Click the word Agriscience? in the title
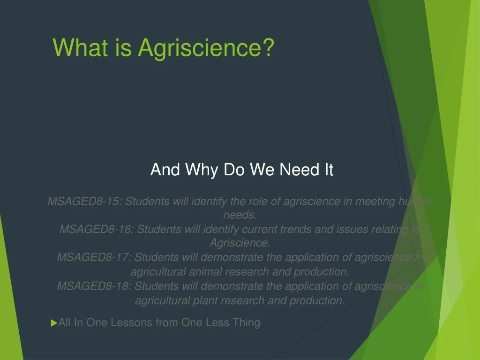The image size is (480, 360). (206, 47)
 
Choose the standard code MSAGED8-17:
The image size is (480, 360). (94, 257)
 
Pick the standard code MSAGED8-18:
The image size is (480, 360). (94, 286)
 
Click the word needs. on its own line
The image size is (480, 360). (240, 215)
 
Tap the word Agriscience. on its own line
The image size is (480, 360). (240, 243)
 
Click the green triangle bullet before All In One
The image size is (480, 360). (53, 323)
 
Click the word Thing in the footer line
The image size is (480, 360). (246, 323)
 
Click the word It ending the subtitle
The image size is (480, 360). (328, 170)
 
